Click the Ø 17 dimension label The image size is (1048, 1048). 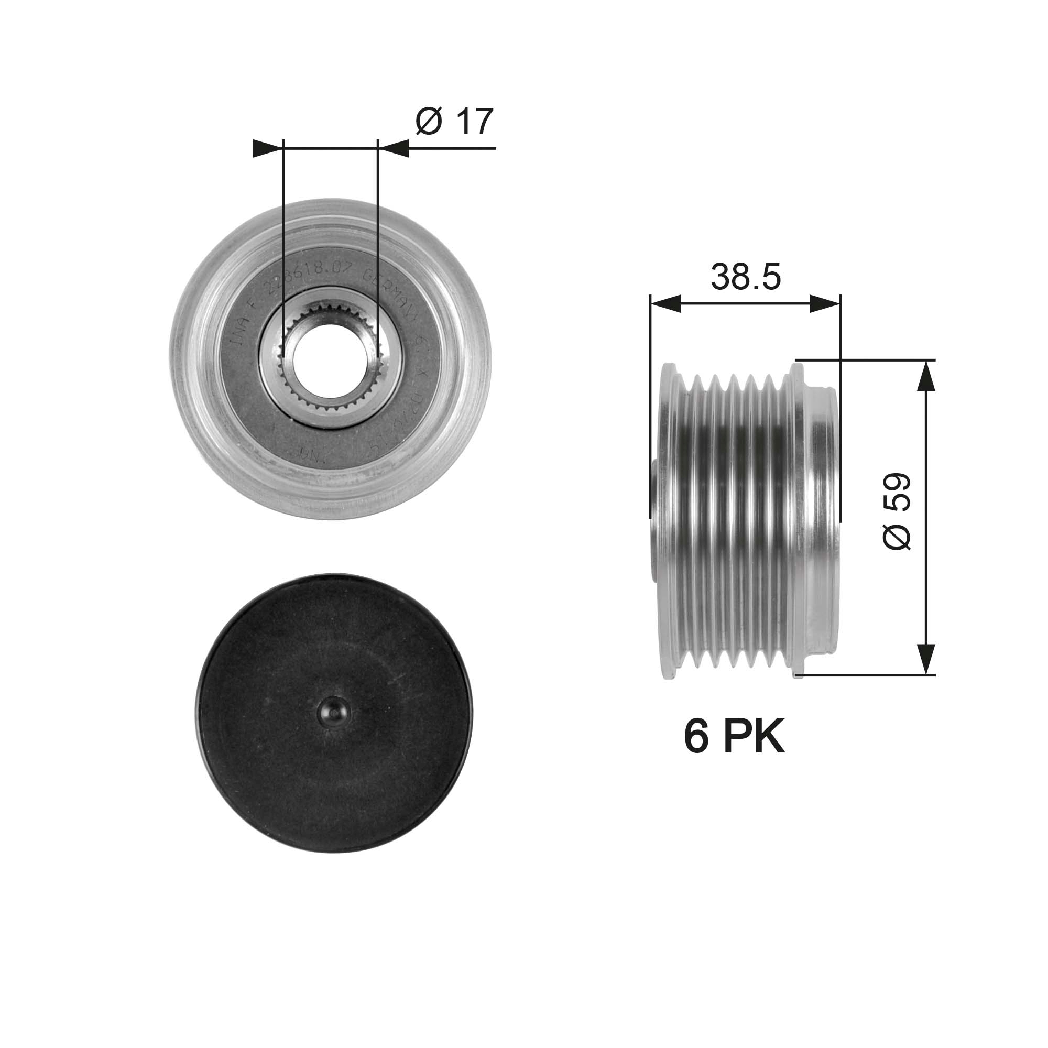click(x=454, y=122)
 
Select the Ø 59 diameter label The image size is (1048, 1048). click(x=897, y=511)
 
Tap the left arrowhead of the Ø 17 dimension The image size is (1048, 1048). click(x=268, y=148)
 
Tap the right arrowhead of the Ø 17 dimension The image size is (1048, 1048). click(x=394, y=148)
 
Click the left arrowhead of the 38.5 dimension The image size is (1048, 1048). click(x=664, y=304)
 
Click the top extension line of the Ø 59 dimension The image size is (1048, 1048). click(x=868, y=359)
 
